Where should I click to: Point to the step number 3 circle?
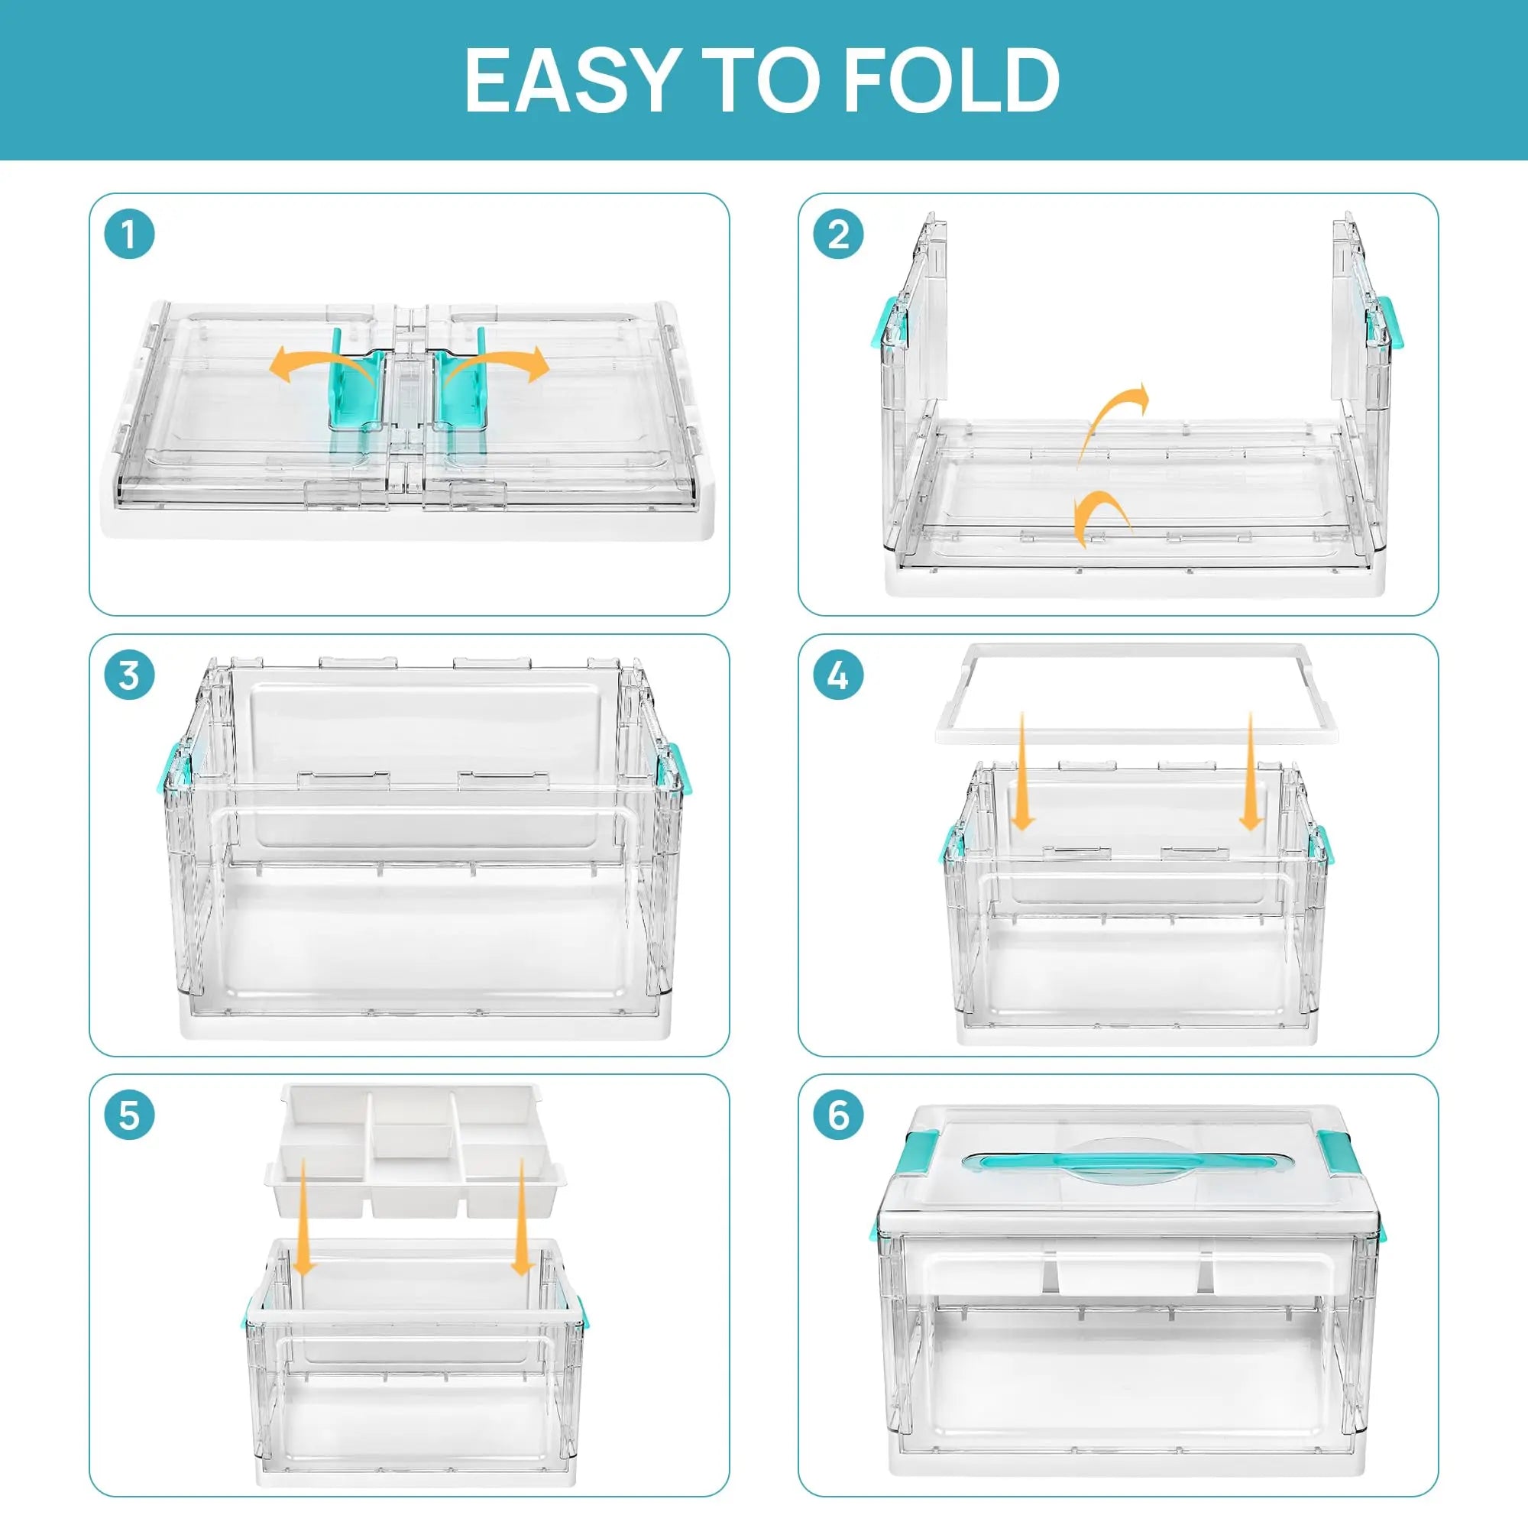pos(129,675)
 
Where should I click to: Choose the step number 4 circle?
pos(838,675)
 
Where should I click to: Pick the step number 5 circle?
pos(129,1115)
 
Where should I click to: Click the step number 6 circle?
pos(838,1115)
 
